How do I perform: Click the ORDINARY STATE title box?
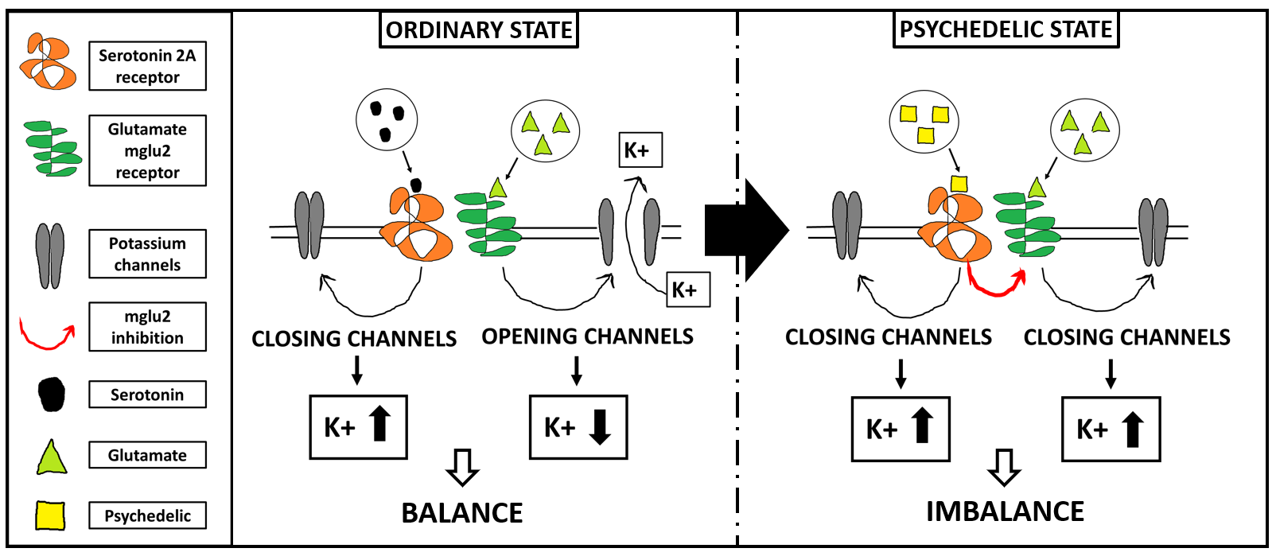478,30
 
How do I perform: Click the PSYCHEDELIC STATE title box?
1006,29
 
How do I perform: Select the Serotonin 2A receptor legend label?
147,66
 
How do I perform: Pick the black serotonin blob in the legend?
52,395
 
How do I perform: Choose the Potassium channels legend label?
147,254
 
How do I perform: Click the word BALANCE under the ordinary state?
462,513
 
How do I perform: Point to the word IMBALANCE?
1005,511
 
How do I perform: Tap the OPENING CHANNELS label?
587,336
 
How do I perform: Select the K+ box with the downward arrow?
578,427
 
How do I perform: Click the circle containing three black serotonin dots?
387,120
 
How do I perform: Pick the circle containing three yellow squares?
924,122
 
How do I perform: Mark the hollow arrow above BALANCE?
462,467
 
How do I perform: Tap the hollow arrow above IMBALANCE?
1004,467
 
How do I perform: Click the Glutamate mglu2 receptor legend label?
147,150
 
